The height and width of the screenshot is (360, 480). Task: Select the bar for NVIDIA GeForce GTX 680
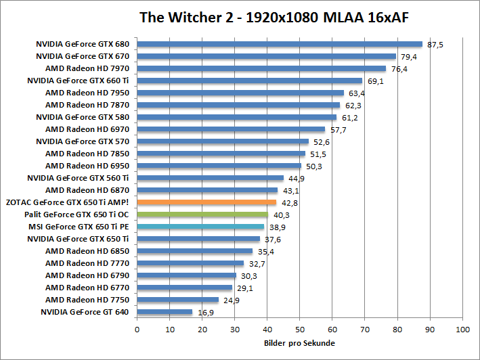[280, 44]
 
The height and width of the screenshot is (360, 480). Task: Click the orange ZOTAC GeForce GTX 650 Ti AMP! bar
[207, 202]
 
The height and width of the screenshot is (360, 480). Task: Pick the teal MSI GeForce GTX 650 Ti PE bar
[200, 226]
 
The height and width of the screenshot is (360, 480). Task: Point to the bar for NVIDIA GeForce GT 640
[165, 311]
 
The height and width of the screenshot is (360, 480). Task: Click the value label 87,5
[435, 45]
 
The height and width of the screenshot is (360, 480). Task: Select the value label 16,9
[205, 312]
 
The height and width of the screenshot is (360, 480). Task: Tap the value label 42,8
[290, 202]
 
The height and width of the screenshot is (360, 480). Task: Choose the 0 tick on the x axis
[137, 330]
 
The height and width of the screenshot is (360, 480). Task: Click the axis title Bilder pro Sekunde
[299, 343]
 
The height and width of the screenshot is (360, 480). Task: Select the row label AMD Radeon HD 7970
[87, 68]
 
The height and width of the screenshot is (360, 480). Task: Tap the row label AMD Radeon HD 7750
[87, 299]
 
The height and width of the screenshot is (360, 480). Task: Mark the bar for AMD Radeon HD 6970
[231, 129]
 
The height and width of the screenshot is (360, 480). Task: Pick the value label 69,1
[376, 81]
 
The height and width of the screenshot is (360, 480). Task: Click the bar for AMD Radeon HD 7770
[190, 263]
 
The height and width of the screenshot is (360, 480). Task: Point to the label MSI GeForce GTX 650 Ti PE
[81, 226]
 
